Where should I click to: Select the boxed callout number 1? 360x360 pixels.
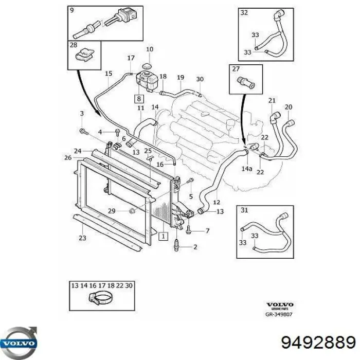(163, 237)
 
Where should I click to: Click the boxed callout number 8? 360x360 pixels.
(138, 97)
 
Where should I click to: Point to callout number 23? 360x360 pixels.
(82, 238)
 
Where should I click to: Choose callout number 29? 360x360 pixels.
(112, 210)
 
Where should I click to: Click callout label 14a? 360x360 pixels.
(246, 168)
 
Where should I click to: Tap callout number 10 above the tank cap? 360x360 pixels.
(150, 49)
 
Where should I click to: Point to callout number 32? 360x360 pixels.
(244, 13)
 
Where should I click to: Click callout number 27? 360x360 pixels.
(236, 69)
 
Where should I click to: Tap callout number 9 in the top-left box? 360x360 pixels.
(71, 10)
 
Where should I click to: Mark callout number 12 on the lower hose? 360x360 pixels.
(217, 202)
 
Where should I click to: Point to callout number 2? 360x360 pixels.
(194, 247)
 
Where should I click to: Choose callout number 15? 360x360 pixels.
(109, 74)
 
